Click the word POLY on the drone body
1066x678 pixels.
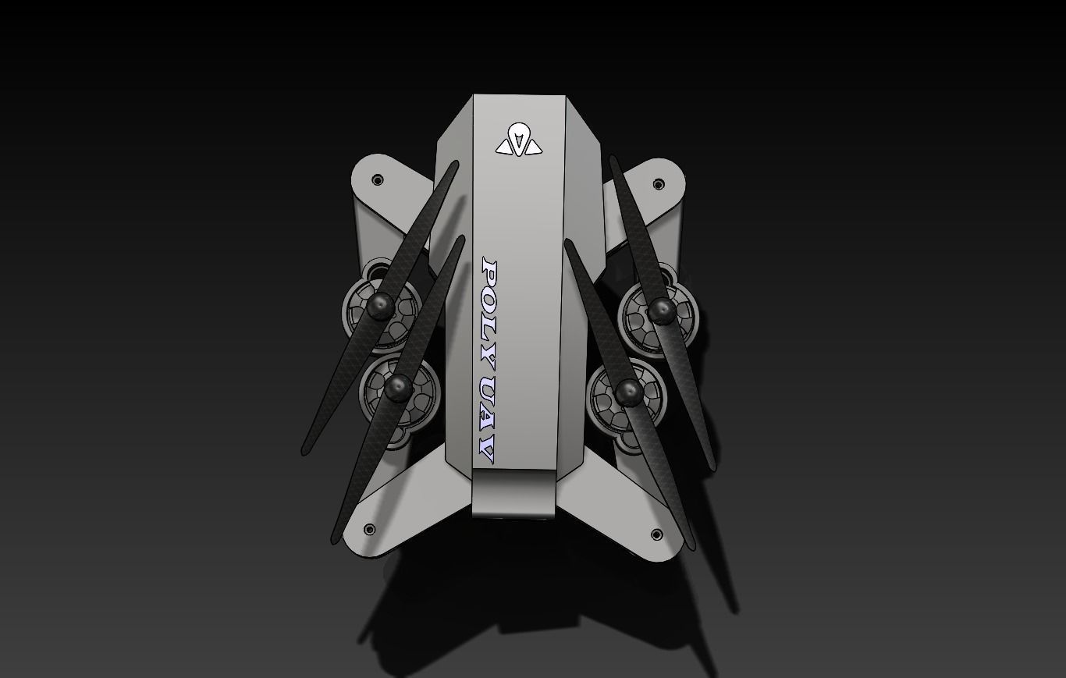[x=489, y=314]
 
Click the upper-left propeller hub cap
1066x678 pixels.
[x=380, y=306]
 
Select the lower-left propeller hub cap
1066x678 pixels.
[x=398, y=388]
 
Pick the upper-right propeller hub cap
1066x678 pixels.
[x=662, y=311]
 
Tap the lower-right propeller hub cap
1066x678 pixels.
[x=629, y=392]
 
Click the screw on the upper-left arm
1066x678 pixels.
[x=378, y=180]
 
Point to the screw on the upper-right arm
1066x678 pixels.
[x=658, y=184]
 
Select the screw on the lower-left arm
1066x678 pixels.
[x=369, y=529]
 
